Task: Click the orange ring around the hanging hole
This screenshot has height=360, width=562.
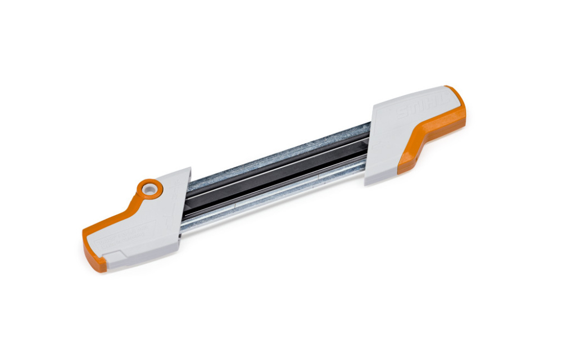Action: [x=150, y=189]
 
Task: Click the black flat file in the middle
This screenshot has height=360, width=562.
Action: [x=275, y=174]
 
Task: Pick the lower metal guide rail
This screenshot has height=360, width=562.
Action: [x=270, y=197]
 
